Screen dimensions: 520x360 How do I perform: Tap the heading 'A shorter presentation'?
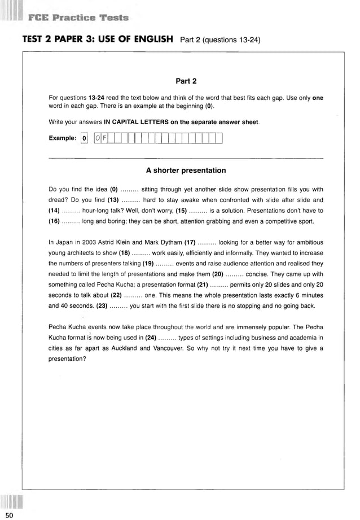(x=186, y=170)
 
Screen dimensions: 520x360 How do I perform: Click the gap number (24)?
(x=150, y=338)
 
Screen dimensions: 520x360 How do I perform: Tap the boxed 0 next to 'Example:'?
(x=84, y=138)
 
